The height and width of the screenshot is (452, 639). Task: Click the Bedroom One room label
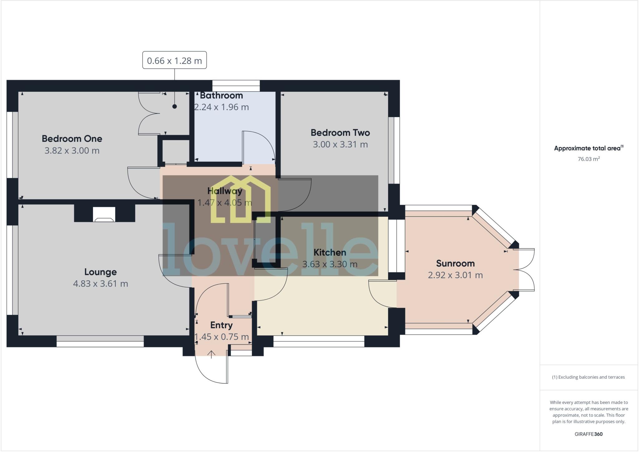coord(72,139)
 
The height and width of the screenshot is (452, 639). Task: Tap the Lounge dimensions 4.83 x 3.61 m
coord(100,284)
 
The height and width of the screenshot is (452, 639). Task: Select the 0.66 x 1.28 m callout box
coord(174,60)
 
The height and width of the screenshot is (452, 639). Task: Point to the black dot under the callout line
coord(175,106)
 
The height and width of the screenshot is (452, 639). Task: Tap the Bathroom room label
coord(221,96)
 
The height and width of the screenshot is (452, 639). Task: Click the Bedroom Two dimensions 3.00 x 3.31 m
coord(340,145)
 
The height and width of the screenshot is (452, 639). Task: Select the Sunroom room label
coord(455,263)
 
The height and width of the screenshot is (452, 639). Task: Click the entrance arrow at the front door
coord(212,354)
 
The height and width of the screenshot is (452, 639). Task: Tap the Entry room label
coord(221,325)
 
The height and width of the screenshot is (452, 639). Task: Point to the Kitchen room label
coord(329,253)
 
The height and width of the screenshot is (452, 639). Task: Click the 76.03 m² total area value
coord(588,159)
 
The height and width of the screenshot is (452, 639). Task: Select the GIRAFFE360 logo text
coord(588,434)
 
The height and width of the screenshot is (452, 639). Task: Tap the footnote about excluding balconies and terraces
coord(588,377)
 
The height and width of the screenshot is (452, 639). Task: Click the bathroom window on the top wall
coord(236,86)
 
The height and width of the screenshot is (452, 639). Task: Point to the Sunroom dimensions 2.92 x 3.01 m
coord(455,275)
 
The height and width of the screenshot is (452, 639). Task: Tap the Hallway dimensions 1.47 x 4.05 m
coord(225,203)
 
